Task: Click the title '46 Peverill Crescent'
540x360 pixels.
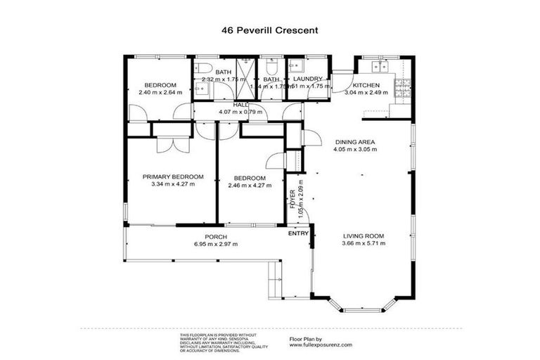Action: pos(269,32)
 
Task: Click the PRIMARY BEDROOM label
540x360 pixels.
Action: pos(173,176)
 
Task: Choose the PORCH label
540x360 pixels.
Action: pos(215,236)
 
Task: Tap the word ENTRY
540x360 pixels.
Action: pos(299,233)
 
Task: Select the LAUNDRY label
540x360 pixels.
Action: pos(307,79)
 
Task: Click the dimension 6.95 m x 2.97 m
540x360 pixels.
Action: pos(215,244)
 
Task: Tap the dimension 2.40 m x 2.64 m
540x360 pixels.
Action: pos(160,92)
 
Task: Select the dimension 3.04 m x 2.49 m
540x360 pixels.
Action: pos(366,92)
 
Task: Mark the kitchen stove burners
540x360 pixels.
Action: pos(404,89)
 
